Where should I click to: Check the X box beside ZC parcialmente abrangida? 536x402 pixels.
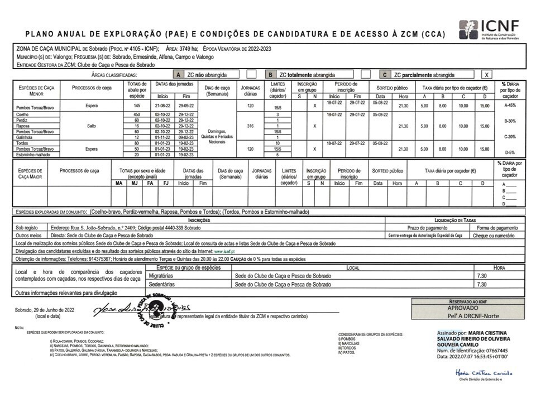tap(487, 75)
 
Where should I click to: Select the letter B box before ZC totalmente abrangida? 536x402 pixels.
tap(270, 75)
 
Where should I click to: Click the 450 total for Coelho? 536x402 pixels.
tap(137, 114)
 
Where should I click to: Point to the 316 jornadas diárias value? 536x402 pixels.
tap(250, 126)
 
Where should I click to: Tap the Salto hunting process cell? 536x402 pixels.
tap(92, 126)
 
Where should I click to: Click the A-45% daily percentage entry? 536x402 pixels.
tap(510, 105)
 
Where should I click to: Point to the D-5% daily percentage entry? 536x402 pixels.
tap(510, 152)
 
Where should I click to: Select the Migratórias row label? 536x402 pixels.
tap(162, 276)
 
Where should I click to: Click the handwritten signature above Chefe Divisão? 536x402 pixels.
tap(483, 373)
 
